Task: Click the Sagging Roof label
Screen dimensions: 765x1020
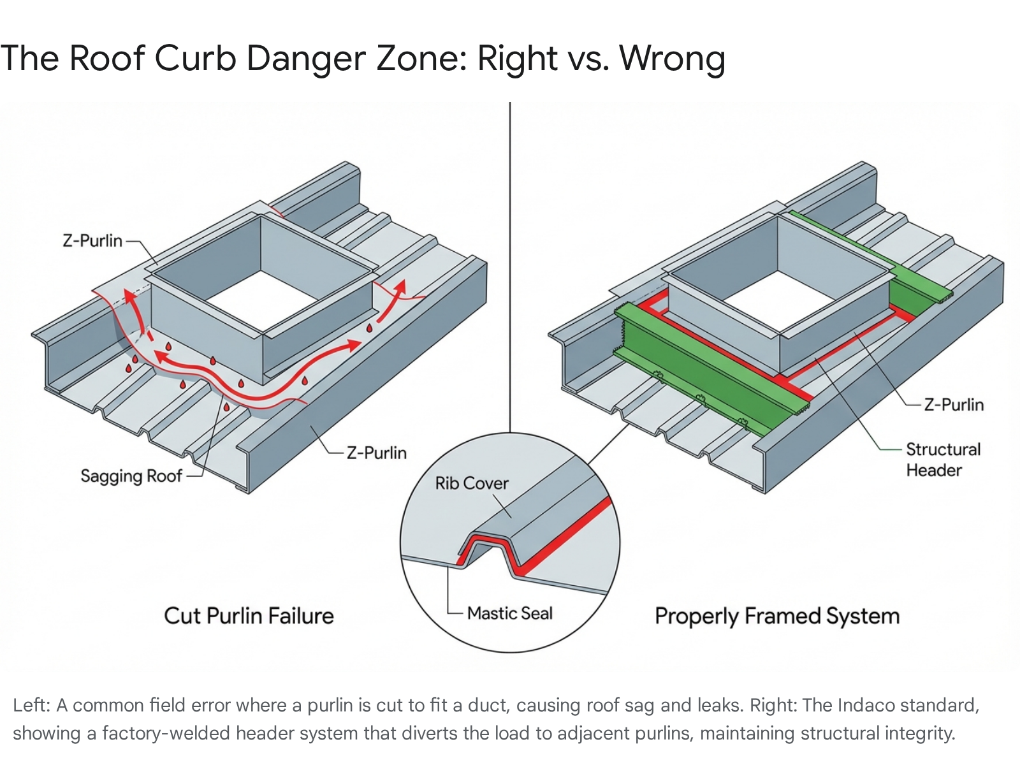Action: click(131, 476)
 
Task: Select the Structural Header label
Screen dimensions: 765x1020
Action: click(943, 460)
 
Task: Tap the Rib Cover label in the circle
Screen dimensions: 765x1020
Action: click(472, 483)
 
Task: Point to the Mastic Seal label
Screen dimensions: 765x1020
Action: click(509, 613)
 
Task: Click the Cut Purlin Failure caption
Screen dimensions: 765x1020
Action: click(249, 616)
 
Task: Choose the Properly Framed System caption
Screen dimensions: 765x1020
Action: click(777, 616)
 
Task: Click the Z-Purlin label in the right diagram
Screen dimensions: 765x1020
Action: click(954, 405)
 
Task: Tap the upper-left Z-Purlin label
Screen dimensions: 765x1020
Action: click(92, 240)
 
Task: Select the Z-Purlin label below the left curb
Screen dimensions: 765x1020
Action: click(376, 453)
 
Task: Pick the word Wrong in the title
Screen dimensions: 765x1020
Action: click(673, 58)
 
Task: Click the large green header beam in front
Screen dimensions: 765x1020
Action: click(701, 370)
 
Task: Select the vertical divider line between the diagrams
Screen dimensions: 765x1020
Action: click(510, 255)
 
